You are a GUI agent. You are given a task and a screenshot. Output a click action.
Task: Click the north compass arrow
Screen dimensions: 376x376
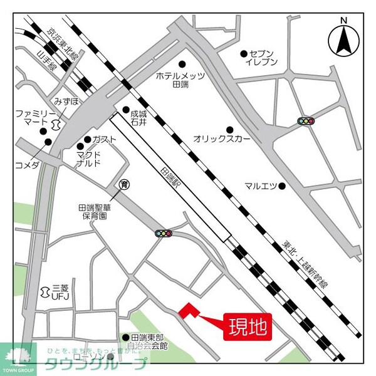[x=343, y=38]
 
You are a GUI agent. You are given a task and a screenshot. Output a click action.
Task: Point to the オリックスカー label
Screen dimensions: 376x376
[x=222, y=138]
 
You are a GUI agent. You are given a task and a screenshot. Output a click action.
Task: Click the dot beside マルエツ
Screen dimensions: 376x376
[x=283, y=185]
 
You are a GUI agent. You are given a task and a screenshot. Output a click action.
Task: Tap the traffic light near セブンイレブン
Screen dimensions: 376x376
[x=305, y=120]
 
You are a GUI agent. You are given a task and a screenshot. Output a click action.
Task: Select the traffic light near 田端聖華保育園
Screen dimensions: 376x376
[x=164, y=233]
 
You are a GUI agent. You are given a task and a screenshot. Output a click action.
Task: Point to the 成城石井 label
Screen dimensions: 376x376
[x=138, y=118]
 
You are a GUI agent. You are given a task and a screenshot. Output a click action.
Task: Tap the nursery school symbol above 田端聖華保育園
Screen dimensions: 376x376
[x=124, y=184]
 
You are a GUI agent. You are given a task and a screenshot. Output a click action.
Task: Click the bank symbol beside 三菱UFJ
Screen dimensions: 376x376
[x=44, y=291]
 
